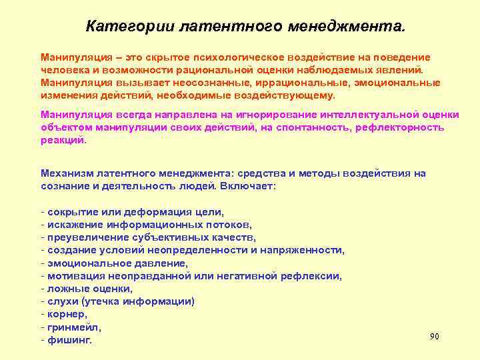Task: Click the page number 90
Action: (435, 336)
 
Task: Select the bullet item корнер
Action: (66, 313)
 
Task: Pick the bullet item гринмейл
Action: (73, 327)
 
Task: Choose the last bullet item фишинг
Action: (69, 340)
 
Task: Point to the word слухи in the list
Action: (61, 301)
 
